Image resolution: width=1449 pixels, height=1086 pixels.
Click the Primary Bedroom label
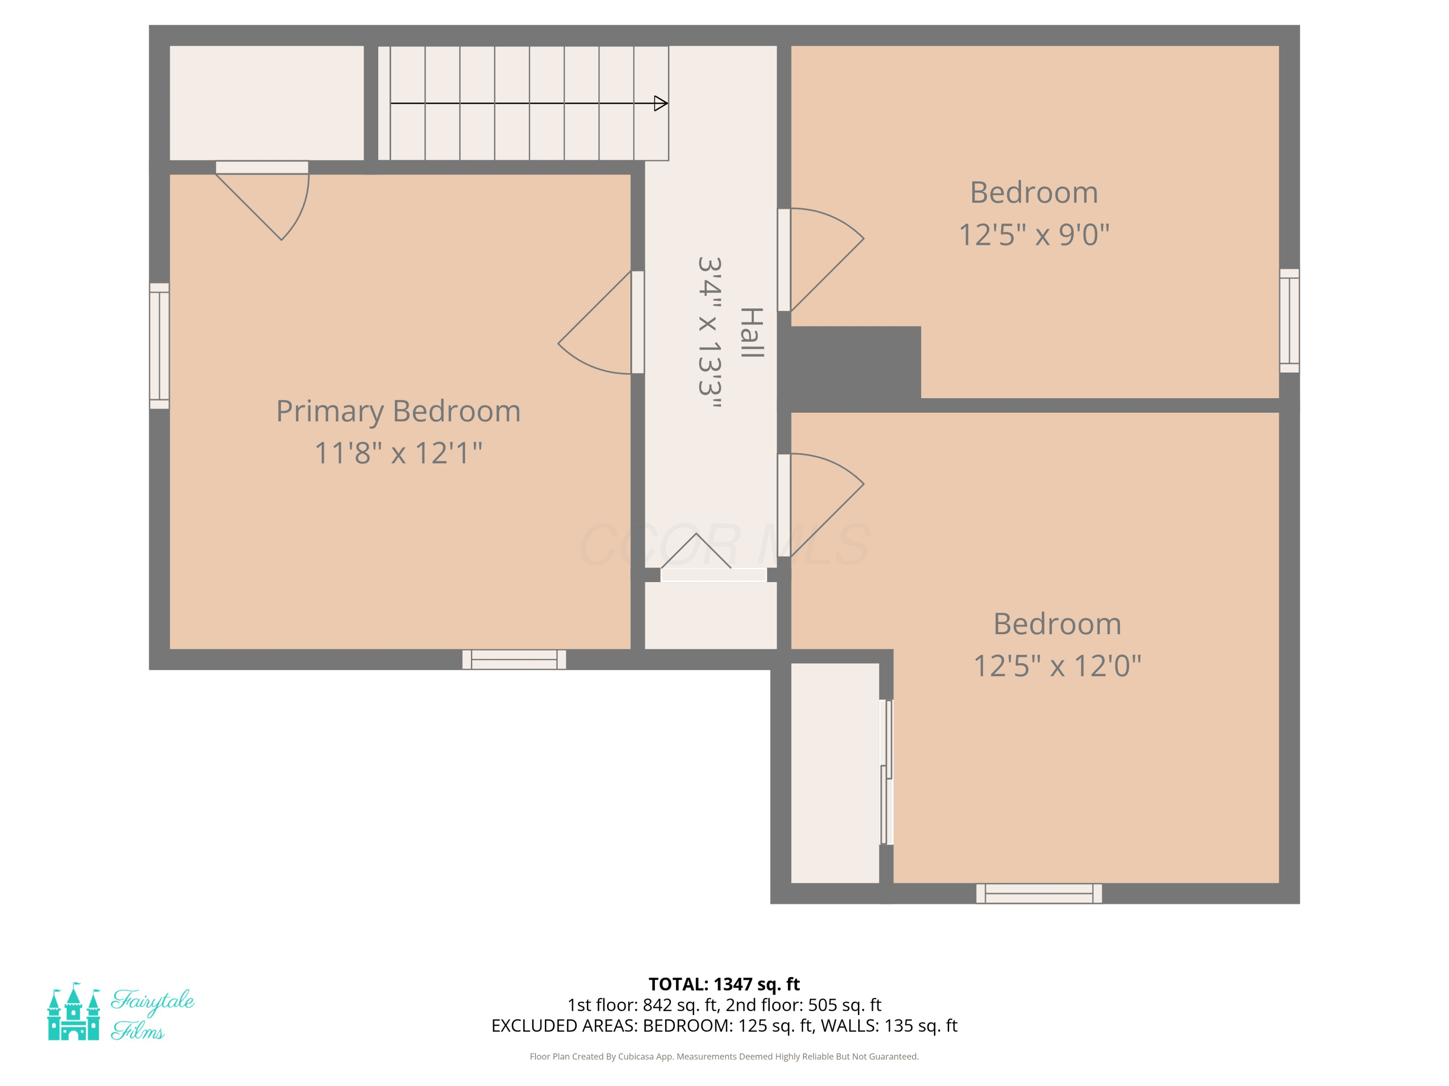(398, 412)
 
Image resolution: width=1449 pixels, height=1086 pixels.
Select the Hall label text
(752, 332)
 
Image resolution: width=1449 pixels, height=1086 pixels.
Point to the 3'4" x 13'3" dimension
(710, 333)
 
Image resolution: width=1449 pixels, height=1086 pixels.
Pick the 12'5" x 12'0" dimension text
(1057, 666)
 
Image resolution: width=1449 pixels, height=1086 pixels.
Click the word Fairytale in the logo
(152, 1002)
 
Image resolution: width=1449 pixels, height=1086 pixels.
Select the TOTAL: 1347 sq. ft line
(724, 984)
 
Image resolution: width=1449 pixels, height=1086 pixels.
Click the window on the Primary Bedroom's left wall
(159, 346)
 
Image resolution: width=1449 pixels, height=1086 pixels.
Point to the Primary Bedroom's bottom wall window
(514, 659)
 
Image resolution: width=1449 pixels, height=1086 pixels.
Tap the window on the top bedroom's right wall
(1289, 321)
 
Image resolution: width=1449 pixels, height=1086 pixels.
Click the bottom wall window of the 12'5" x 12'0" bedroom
(1039, 893)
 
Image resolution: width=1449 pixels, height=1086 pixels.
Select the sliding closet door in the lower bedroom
(886, 772)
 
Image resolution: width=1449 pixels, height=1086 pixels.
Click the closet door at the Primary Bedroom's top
(262, 200)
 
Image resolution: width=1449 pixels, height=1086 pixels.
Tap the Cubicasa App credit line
(724, 1056)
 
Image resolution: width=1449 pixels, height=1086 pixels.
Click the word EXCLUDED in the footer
(531, 1026)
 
